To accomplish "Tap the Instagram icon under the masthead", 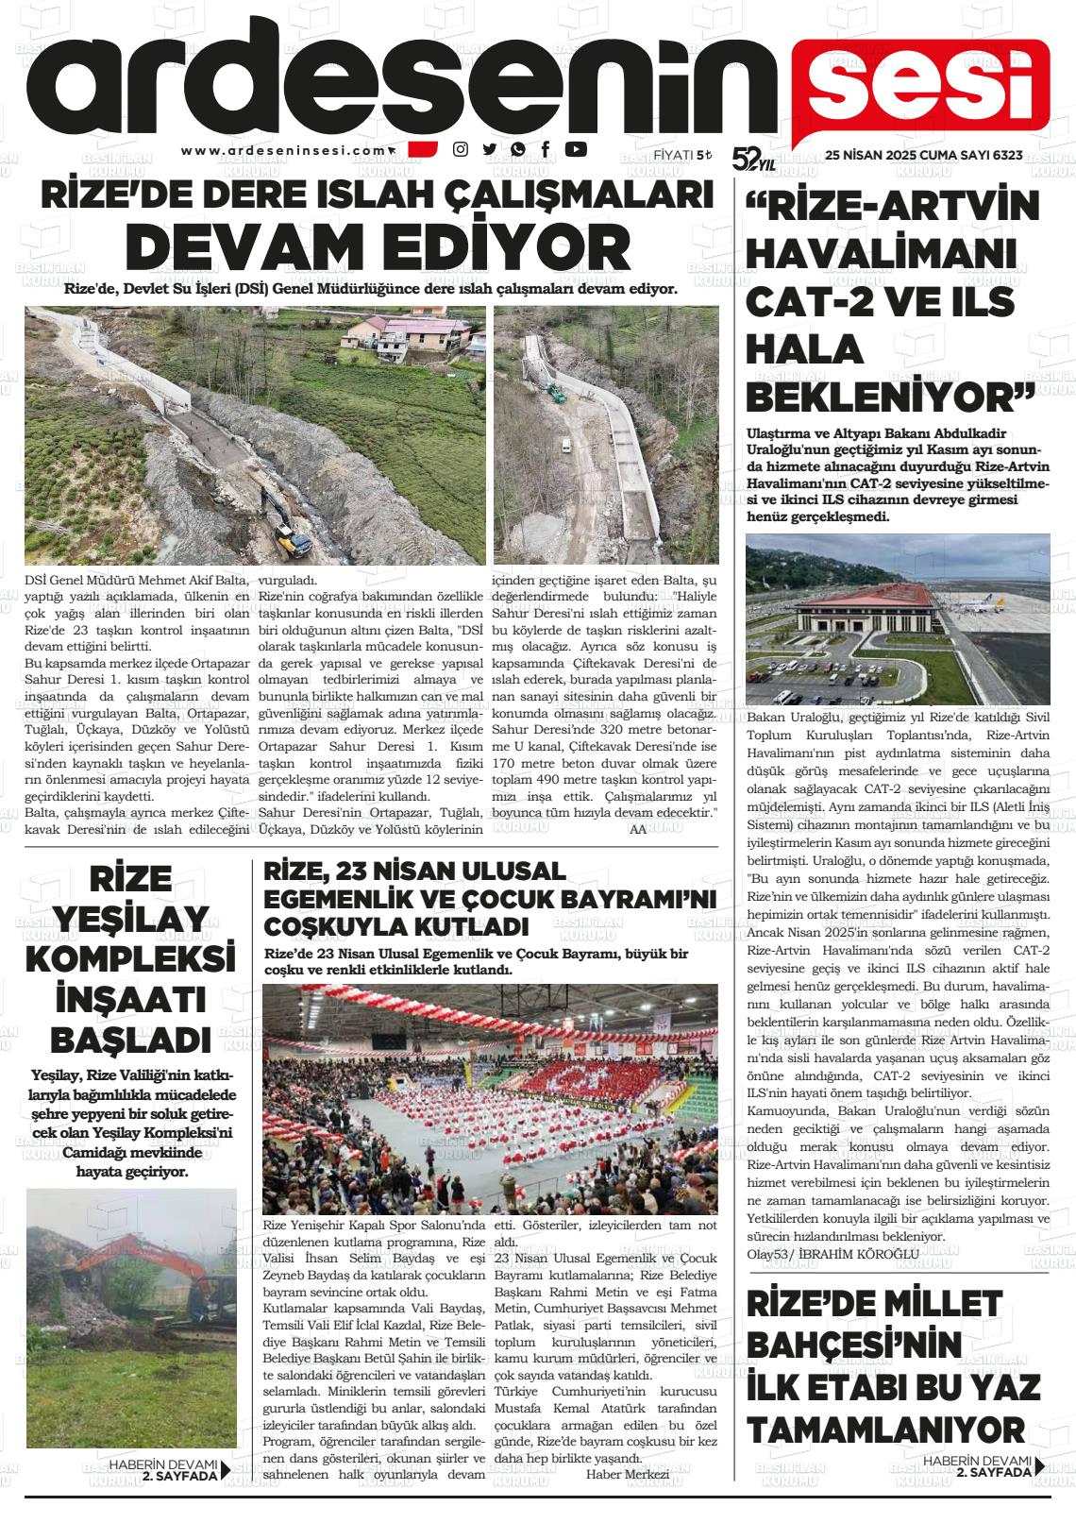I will (461, 148).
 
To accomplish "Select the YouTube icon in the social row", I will (575, 148).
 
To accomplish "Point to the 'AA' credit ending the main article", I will (637, 828).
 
